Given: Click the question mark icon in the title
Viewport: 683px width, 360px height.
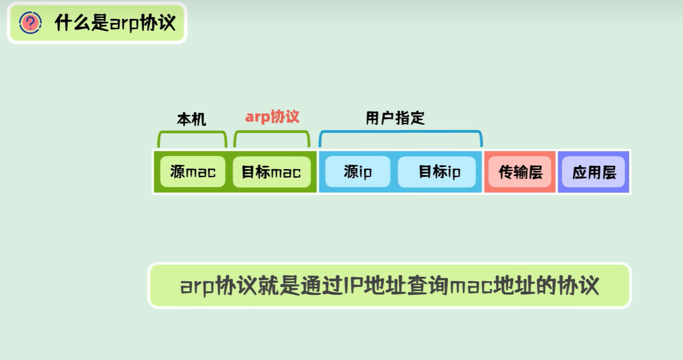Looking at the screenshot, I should pos(30,22).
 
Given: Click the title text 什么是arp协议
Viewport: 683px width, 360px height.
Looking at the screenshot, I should pos(115,23).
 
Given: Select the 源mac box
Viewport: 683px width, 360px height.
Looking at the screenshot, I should pos(192,172).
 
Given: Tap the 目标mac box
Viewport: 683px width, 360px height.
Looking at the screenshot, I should pos(271,172).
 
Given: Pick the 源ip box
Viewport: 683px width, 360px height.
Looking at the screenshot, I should pos(358,172).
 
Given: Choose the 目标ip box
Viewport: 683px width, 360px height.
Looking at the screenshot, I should pos(439,172).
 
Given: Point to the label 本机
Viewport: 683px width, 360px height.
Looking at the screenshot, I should pos(191,119).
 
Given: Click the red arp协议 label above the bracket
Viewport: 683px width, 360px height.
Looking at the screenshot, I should pos(272,116).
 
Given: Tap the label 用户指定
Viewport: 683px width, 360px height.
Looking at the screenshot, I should pos(395,118).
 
